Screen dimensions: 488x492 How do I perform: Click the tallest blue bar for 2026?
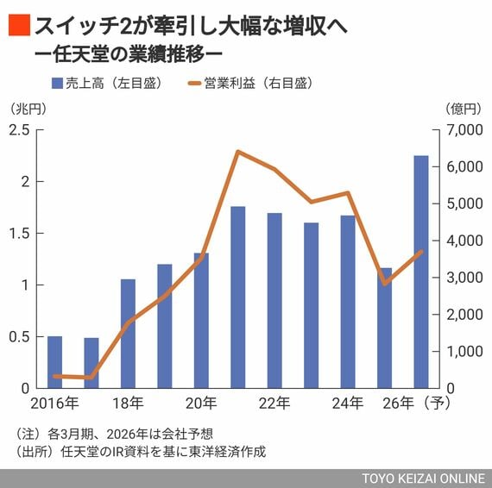point(421,272)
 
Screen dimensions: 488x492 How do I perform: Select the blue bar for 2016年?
point(54,362)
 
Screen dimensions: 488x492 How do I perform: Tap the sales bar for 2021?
point(237,297)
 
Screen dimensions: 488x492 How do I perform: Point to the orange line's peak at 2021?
point(237,152)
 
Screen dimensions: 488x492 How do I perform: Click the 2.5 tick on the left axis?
point(19,129)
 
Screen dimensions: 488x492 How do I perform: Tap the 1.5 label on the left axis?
point(19,233)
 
